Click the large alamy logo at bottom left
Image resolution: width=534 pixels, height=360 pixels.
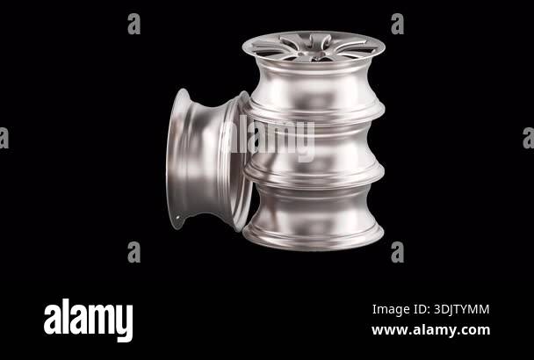point(88,320)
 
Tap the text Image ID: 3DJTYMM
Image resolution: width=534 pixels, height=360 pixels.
point(430,309)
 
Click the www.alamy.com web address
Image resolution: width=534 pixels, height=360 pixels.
point(430,330)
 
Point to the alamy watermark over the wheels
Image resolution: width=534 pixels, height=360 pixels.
point(267,139)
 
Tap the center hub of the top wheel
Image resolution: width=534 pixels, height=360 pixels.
point(313,54)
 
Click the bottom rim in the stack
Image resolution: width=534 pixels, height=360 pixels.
point(314,215)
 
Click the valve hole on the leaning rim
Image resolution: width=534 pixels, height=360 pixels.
point(181,214)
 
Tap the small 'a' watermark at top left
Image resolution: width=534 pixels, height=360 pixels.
point(133,24)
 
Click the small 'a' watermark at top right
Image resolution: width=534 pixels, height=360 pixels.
point(397,24)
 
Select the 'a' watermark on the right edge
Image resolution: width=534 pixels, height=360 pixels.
point(528,138)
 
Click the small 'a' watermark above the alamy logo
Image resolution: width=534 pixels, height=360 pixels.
point(133,252)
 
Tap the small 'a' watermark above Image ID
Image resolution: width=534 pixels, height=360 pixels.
point(397,252)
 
